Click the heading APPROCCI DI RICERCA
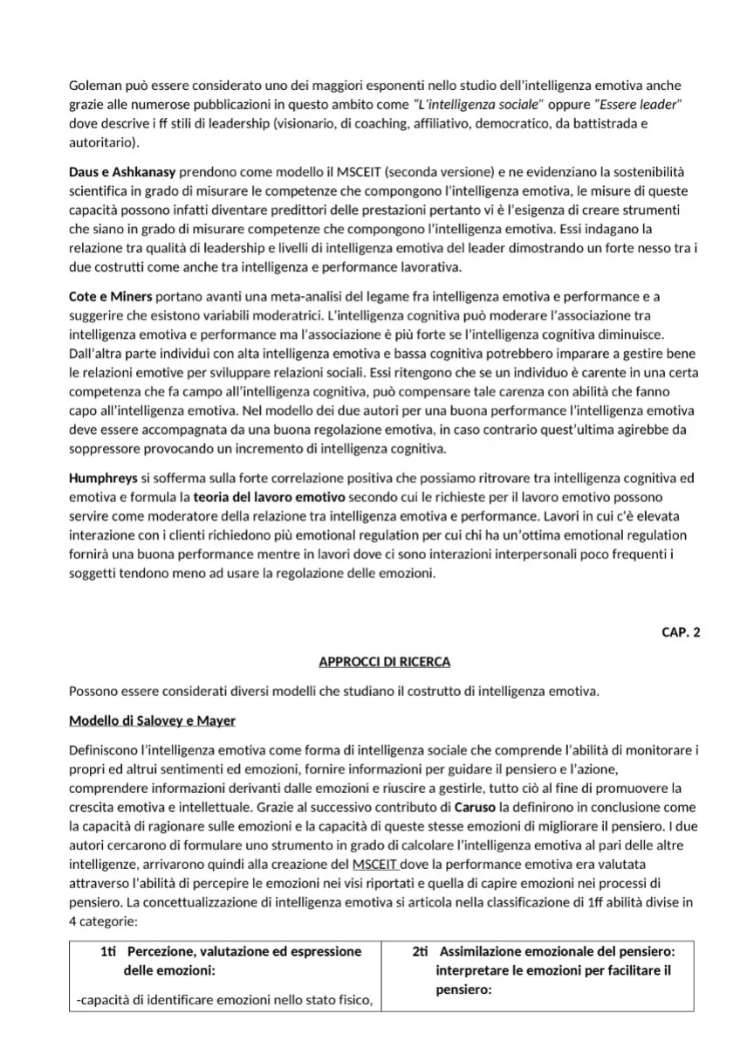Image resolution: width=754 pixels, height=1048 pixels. coord(385,662)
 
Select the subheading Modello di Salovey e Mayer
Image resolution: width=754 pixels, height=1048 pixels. coord(152,720)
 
